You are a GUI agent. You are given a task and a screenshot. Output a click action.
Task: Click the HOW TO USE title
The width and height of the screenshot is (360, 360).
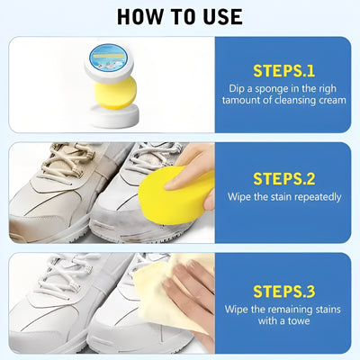(x=180, y=16)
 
